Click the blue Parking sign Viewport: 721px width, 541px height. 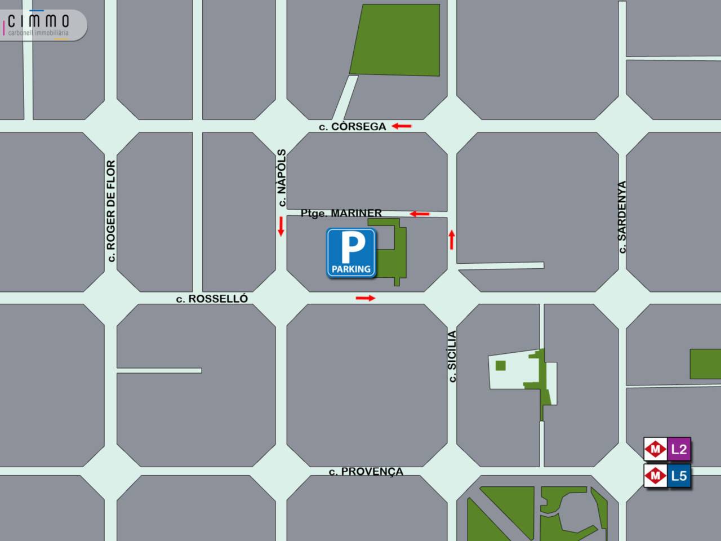pyautogui.click(x=351, y=253)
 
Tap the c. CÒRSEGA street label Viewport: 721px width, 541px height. pyautogui.click(x=353, y=127)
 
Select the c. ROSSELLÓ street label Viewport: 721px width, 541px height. pyautogui.click(x=212, y=299)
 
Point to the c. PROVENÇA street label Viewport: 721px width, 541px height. pyautogui.click(x=366, y=472)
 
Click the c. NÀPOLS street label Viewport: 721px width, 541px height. pyautogui.click(x=282, y=178)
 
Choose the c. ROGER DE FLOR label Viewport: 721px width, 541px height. pyautogui.click(x=111, y=211)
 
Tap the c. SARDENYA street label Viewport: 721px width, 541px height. pyautogui.click(x=622, y=217)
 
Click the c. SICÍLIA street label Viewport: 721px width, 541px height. pyautogui.click(x=452, y=357)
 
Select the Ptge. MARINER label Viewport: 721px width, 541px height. pyautogui.click(x=341, y=213)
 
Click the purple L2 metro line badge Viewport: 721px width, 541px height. pyautogui.click(x=679, y=449)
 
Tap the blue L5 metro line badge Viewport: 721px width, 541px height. pyautogui.click(x=679, y=476)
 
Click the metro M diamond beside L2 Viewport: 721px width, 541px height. pyautogui.click(x=655, y=449)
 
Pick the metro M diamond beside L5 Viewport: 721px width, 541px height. pyautogui.click(x=655, y=476)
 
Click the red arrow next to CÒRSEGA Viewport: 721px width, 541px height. pyautogui.click(x=402, y=126)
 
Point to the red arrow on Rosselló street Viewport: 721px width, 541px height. pyautogui.click(x=366, y=298)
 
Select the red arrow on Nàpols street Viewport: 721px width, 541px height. pyautogui.click(x=281, y=226)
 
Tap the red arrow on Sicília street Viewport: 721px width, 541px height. pyautogui.click(x=451, y=240)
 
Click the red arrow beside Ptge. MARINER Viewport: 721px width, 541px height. pyautogui.click(x=420, y=214)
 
